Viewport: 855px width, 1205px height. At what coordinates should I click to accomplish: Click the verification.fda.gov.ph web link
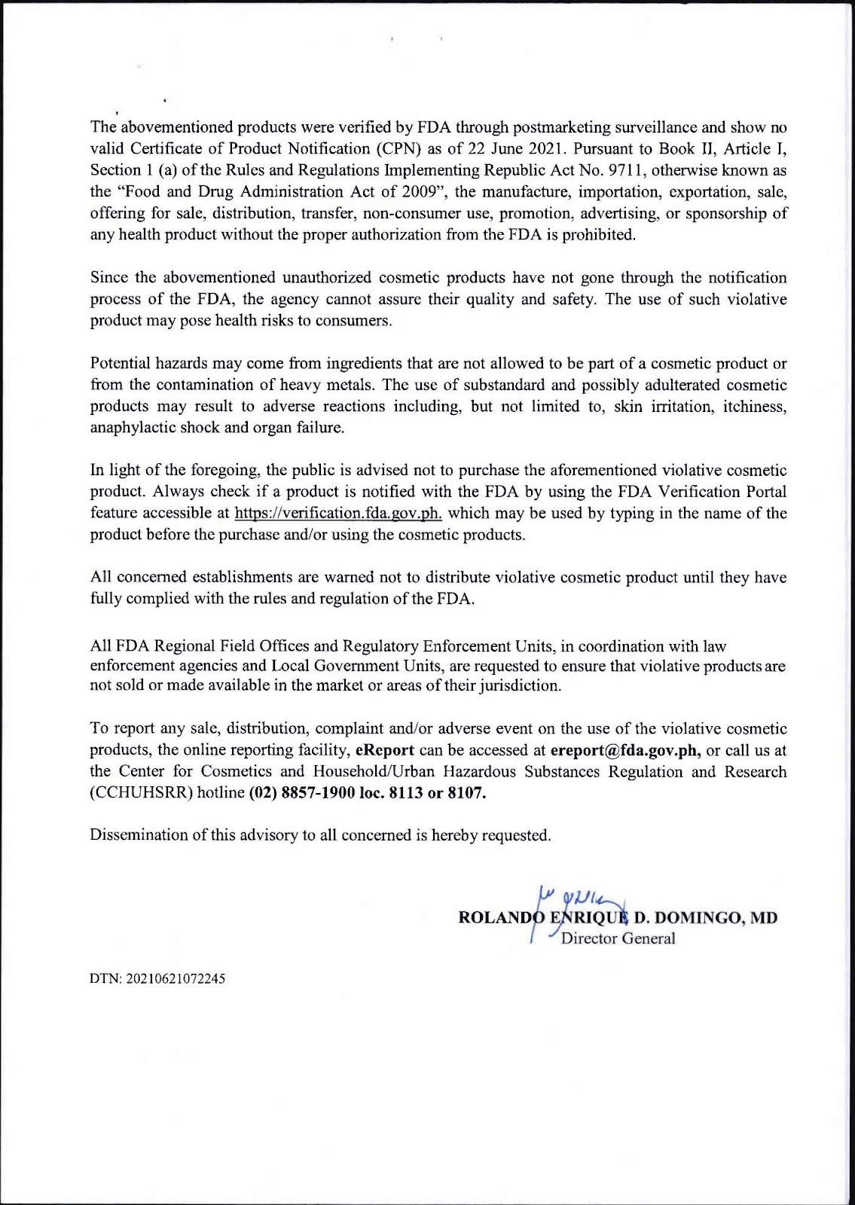338,514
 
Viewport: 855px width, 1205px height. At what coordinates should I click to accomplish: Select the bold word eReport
385,751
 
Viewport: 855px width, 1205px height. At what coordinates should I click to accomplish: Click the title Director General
618,938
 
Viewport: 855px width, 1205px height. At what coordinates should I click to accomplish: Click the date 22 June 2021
499,148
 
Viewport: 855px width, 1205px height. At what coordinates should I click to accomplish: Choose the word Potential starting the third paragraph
120,364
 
